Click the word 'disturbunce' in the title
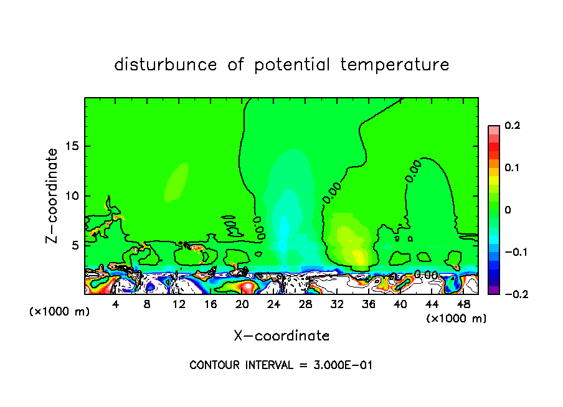pyautogui.click(x=166, y=65)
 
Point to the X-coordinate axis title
pyautogui.click(x=281, y=336)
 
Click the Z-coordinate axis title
pyautogui.click(x=54, y=195)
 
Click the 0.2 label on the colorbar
pyautogui.click(x=512, y=126)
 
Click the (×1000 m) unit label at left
pyautogui.click(x=60, y=312)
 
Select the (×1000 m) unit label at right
pyautogui.click(x=457, y=318)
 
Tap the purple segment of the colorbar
pyautogui.click(x=493, y=290)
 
